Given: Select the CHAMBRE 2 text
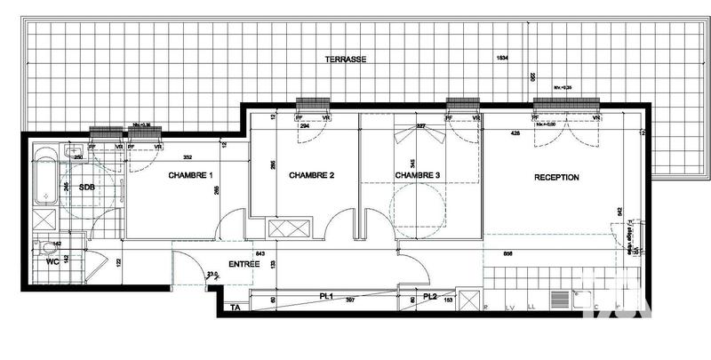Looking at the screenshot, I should [311, 176].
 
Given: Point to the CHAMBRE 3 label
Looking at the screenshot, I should [418, 176].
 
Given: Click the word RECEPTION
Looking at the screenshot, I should [556, 178].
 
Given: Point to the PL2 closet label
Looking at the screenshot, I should [430, 296].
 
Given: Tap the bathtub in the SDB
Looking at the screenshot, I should [44, 178].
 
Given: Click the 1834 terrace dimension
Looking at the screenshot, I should [503, 59].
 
